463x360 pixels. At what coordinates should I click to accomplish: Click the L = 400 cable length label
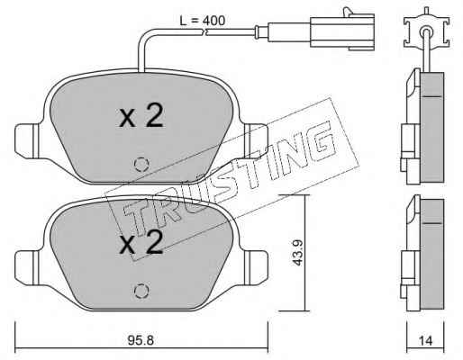[202, 21]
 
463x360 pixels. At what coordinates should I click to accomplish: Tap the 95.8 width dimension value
[141, 340]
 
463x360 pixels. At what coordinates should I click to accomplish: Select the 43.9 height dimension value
[297, 253]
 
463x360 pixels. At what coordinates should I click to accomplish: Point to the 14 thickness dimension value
[425, 341]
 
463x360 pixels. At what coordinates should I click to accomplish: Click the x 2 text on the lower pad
[141, 242]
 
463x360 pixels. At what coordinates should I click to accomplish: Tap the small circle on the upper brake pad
[141, 165]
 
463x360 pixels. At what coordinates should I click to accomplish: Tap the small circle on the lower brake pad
[141, 291]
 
